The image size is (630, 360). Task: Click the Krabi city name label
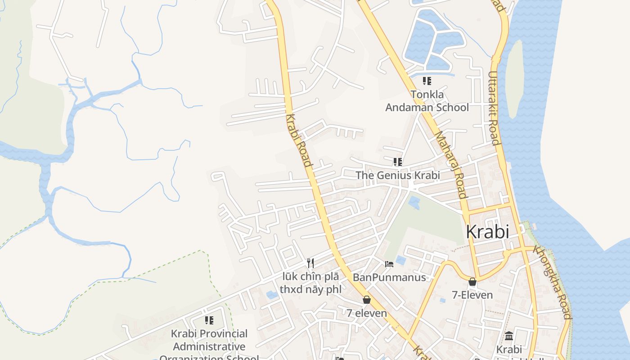pos(487,232)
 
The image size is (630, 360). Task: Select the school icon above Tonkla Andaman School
pos(427,81)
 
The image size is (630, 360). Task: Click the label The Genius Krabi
pos(398,175)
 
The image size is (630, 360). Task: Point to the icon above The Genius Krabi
pos(397,162)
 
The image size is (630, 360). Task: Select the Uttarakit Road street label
pos(494,108)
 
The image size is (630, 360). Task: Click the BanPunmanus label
pos(389,277)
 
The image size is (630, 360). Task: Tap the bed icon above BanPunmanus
pos(389,264)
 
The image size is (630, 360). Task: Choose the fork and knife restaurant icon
pos(310,263)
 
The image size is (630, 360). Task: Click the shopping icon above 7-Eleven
pos(472,282)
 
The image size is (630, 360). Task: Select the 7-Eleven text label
pos(472,295)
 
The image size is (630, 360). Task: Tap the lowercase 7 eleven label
pos(367,313)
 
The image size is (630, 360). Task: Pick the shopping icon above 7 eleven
pos(367,300)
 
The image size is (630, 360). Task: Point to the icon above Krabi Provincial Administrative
pos(209,320)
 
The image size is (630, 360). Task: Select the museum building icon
pos(509,336)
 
